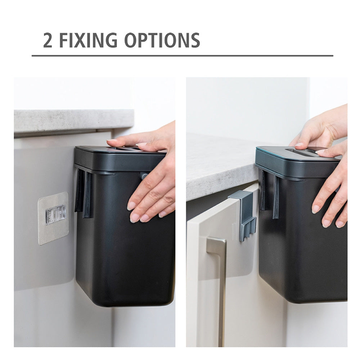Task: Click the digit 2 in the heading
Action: pos(48,40)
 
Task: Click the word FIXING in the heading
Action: pos(88,40)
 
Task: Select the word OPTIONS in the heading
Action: pos(162,40)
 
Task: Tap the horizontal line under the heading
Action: pos(182,55)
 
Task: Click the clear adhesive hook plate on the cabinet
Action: pos(53,218)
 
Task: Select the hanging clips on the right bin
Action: pos(269,193)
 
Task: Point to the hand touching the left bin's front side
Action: pos(152,195)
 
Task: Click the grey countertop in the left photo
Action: pos(73,121)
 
